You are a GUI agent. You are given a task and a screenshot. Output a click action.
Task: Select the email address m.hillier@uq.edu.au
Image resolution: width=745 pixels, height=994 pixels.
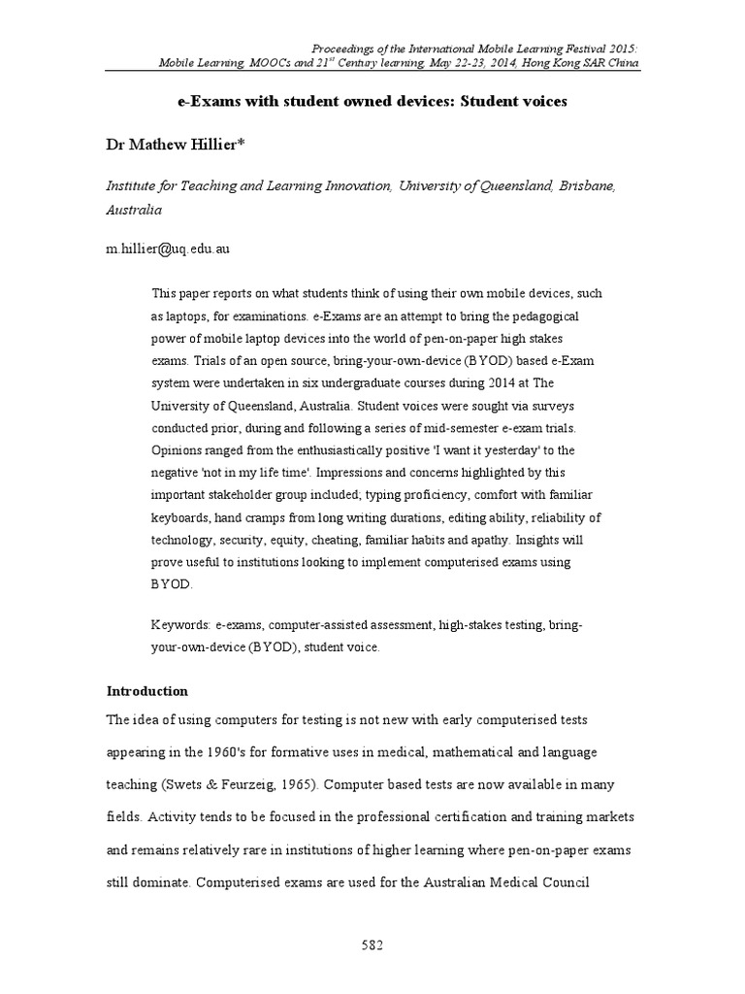(168, 249)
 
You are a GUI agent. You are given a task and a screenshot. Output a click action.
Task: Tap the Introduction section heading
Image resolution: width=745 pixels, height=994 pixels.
(146, 692)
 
